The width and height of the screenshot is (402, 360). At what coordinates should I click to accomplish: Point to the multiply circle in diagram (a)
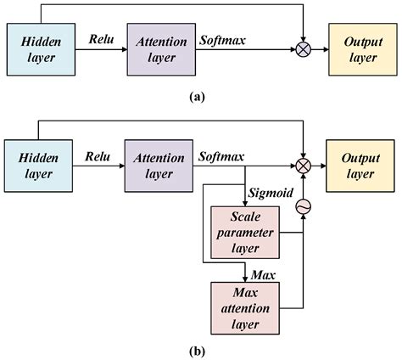click(x=302, y=48)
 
